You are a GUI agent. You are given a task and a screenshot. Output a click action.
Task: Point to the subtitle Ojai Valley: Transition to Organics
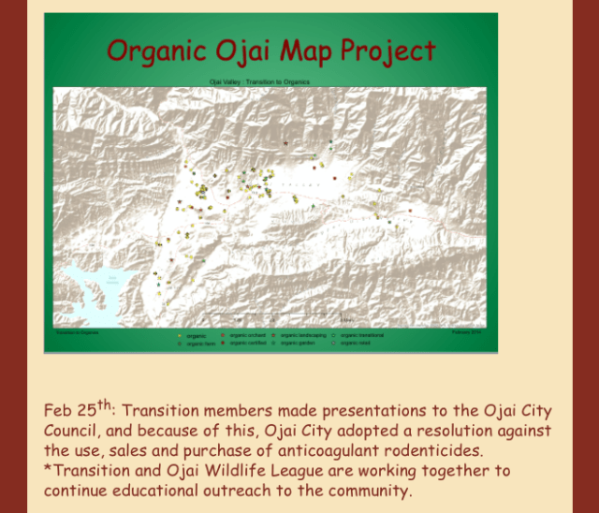tap(259, 81)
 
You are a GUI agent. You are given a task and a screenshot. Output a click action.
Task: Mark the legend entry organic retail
tap(355, 344)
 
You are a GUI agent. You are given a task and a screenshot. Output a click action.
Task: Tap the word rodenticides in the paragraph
tap(433, 451)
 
